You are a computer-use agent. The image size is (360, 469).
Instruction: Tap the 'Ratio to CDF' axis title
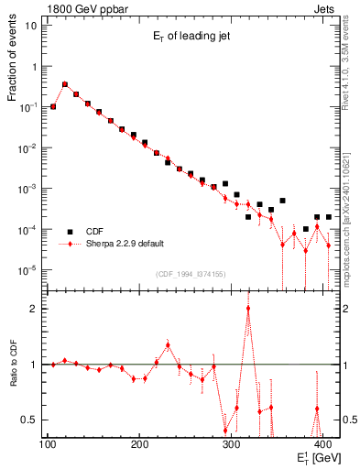coord(12,365)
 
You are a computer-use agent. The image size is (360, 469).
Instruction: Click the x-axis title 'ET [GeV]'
coord(316,459)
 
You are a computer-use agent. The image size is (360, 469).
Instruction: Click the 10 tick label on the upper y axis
coord(31,25)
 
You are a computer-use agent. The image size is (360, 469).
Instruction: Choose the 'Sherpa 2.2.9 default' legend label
coord(125,245)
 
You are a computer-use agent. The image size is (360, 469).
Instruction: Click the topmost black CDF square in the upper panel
coord(64,83)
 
